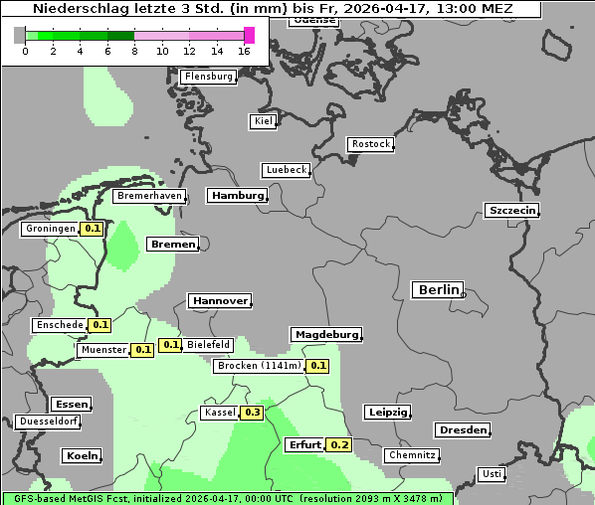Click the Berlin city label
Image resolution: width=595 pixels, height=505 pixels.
[x=437, y=290]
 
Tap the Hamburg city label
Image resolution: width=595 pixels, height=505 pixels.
[x=237, y=196]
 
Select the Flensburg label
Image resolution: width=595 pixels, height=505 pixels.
[x=208, y=77]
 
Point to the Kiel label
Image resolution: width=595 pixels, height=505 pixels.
[x=263, y=121]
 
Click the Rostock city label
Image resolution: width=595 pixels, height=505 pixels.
[x=370, y=144]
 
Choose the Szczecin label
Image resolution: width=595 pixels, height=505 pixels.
[x=511, y=210]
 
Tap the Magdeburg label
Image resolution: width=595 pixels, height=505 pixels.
[x=325, y=335]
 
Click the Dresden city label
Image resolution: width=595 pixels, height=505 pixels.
[x=462, y=430]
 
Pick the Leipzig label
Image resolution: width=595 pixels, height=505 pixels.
[x=387, y=413]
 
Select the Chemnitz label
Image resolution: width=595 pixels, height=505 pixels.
[x=412, y=455]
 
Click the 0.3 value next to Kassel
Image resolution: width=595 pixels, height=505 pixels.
[x=252, y=413]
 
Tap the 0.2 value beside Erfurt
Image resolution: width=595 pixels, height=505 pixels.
[x=339, y=444]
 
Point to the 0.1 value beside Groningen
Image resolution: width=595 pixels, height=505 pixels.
[x=93, y=229]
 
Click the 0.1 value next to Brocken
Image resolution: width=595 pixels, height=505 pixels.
[x=317, y=366]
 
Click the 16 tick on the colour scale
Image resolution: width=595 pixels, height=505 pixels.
[x=244, y=52]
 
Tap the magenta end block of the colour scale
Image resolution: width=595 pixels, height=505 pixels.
[x=249, y=35]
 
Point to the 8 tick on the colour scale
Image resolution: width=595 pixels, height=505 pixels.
[x=134, y=52]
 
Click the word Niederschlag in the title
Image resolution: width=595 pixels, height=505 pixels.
[x=76, y=9]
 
